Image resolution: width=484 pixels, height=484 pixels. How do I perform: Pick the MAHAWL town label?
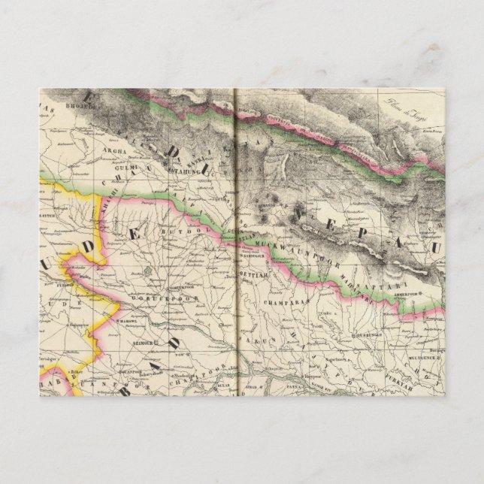click(x=125, y=319)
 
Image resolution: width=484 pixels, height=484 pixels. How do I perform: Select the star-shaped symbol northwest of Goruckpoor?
click(x=149, y=269)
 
